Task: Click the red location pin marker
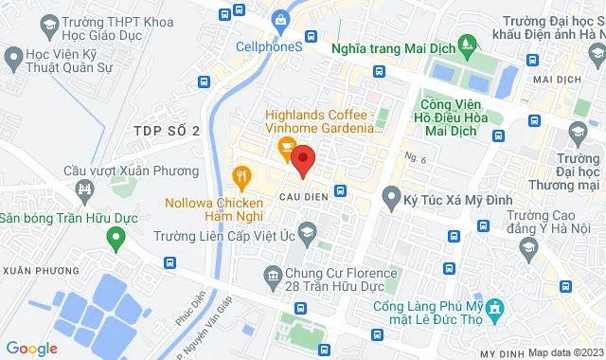coord(303,159)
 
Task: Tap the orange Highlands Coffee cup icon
coord(283,148)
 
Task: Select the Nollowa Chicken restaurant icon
coord(241,175)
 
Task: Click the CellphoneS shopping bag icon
coord(280,20)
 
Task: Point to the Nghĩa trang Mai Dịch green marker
coord(466,44)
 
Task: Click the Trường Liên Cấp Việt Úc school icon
coord(307,231)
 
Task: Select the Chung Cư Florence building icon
coord(274,277)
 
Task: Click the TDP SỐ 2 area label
coord(167,131)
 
